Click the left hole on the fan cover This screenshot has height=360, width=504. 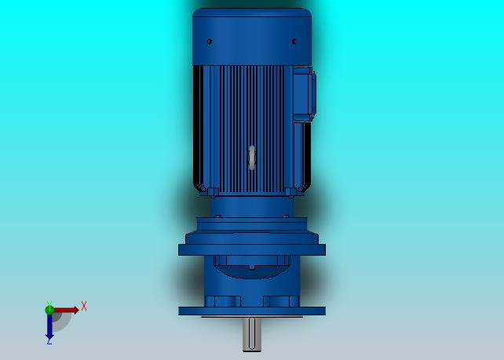click(x=210, y=42)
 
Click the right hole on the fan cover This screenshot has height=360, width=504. click(x=294, y=42)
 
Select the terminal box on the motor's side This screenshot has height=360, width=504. click(x=304, y=94)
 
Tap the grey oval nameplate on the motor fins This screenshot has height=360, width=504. click(x=252, y=158)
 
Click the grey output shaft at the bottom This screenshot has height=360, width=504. click(x=252, y=334)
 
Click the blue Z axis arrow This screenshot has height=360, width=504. click(x=49, y=326)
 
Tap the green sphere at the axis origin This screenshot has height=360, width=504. click(x=49, y=310)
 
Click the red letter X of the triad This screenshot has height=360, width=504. click(x=84, y=306)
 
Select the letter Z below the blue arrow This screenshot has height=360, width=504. click(x=49, y=342)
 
